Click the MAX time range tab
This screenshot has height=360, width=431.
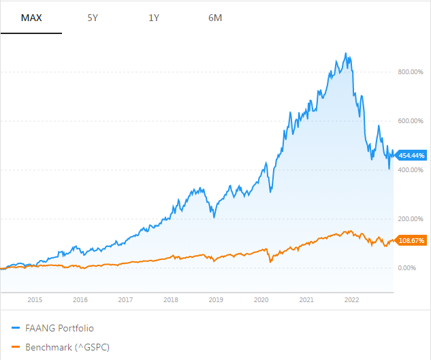(31, 18)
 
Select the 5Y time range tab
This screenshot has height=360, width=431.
(93, 18)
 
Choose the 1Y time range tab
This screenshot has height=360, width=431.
(153, 18)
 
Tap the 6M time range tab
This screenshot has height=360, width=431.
(215, 18)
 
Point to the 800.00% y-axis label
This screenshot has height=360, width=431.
(410, 72)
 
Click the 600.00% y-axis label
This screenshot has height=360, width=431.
(410, 121)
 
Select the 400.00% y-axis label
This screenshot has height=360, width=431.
(410, 170)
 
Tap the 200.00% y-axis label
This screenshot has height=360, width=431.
(410, 219)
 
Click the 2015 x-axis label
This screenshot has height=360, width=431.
(35, 299)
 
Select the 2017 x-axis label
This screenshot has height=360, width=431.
(125, 299)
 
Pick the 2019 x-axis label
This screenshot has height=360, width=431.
(216, 299)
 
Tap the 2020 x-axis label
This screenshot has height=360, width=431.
(261, 299)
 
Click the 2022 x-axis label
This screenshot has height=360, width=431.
(352, 299)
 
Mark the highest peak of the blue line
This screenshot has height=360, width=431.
(347, 53)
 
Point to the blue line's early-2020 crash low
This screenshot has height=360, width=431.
(270, 192)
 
